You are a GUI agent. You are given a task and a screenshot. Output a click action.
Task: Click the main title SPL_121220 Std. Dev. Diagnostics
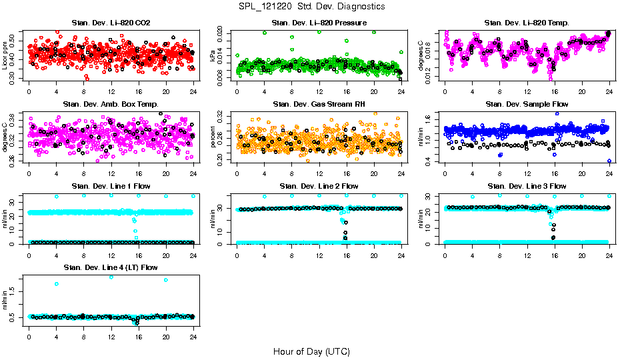[x=311, y=7]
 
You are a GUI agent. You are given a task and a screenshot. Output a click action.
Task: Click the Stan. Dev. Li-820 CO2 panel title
[x=111, y=23]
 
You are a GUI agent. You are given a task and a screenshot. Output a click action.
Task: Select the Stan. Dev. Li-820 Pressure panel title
[x=319, y=23]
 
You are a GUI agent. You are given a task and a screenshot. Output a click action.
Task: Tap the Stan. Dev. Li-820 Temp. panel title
[x=527, y=23]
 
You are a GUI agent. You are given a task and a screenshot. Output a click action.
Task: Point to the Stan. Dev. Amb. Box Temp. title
[x=111, y=105]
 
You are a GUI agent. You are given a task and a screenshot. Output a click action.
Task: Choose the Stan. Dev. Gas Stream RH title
[x=319, y=105]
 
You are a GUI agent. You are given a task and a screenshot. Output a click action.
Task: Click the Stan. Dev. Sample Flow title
[x=527, y=105]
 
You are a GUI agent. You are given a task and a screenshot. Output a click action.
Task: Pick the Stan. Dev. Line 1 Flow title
[x=111, y=186]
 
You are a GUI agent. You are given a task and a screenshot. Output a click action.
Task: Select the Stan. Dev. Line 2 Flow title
[x=319, y=186]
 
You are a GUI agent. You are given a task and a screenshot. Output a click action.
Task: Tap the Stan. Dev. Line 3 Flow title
[x=527, y=186]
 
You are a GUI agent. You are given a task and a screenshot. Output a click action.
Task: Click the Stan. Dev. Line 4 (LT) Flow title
[x=111, y=267]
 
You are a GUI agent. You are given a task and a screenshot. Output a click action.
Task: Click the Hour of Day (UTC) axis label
[x=311, y=351]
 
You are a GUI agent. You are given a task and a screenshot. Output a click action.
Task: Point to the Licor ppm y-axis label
[x=5, y=57]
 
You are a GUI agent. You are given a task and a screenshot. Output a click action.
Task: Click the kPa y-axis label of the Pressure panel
[x=213, y=57]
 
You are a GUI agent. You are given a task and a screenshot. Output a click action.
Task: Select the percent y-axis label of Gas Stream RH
[x=213, y=138]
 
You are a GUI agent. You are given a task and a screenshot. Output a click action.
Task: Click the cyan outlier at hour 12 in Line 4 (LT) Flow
[x=111, y=277]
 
